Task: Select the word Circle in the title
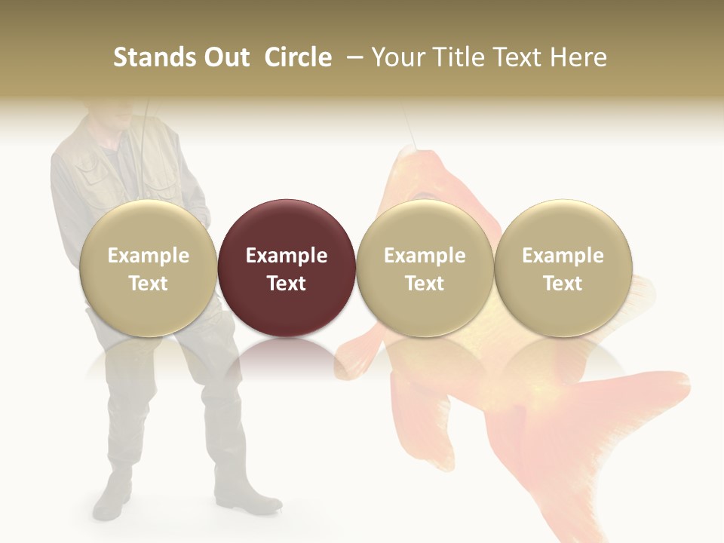(298, 57)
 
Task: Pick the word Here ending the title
(580, 57)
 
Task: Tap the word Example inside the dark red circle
(287, 256)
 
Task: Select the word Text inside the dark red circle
(287, 284)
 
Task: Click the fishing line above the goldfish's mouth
(410, 128)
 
